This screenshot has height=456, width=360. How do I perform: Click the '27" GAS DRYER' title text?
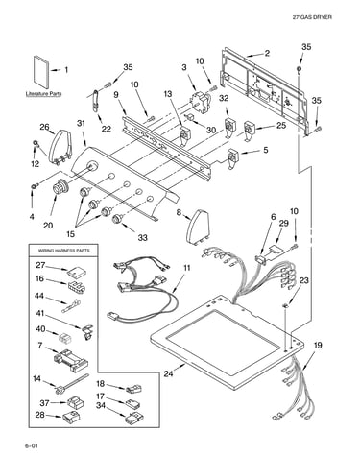(312, 17)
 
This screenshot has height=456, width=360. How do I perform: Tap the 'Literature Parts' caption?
(43, 94)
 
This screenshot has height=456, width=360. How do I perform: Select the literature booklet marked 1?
(41, 72)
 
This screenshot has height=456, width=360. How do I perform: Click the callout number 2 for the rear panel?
(267, 53)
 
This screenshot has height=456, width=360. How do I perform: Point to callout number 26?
(45, 127)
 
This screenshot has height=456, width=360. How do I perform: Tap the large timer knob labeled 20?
(60, 187)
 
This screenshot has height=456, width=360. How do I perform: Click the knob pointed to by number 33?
(118, 219)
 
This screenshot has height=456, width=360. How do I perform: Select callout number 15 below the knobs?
(70, 233)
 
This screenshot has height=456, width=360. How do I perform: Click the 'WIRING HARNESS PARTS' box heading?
(63, 251)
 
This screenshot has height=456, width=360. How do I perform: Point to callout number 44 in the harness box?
(39, 296)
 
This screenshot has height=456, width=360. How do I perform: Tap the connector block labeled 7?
(72, 361)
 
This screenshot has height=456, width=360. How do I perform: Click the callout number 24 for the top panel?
(169, 373)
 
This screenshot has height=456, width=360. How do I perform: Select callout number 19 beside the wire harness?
(318, 346)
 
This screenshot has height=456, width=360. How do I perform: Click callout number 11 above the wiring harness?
(186, 268)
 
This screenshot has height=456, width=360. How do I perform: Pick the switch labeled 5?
(232, 158)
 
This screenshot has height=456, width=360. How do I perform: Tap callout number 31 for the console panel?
(82, 123)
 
